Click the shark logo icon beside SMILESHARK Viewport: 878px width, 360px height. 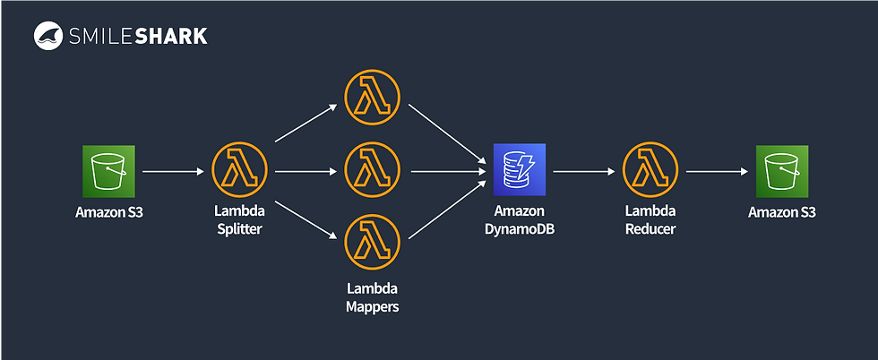click(x=47, y=36)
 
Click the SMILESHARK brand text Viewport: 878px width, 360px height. click(x=134, y=36)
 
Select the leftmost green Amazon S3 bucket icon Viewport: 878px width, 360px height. click(x=108, y=170)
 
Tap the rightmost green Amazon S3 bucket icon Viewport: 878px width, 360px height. click(x=782, y=170)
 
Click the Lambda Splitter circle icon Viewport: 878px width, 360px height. click(x=237, y=170)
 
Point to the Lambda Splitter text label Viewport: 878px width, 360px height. click(x=237, y=219)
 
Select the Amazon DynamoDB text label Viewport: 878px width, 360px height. click(x=520, y=219)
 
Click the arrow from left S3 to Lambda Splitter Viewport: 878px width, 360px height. click(x=172, y=170)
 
